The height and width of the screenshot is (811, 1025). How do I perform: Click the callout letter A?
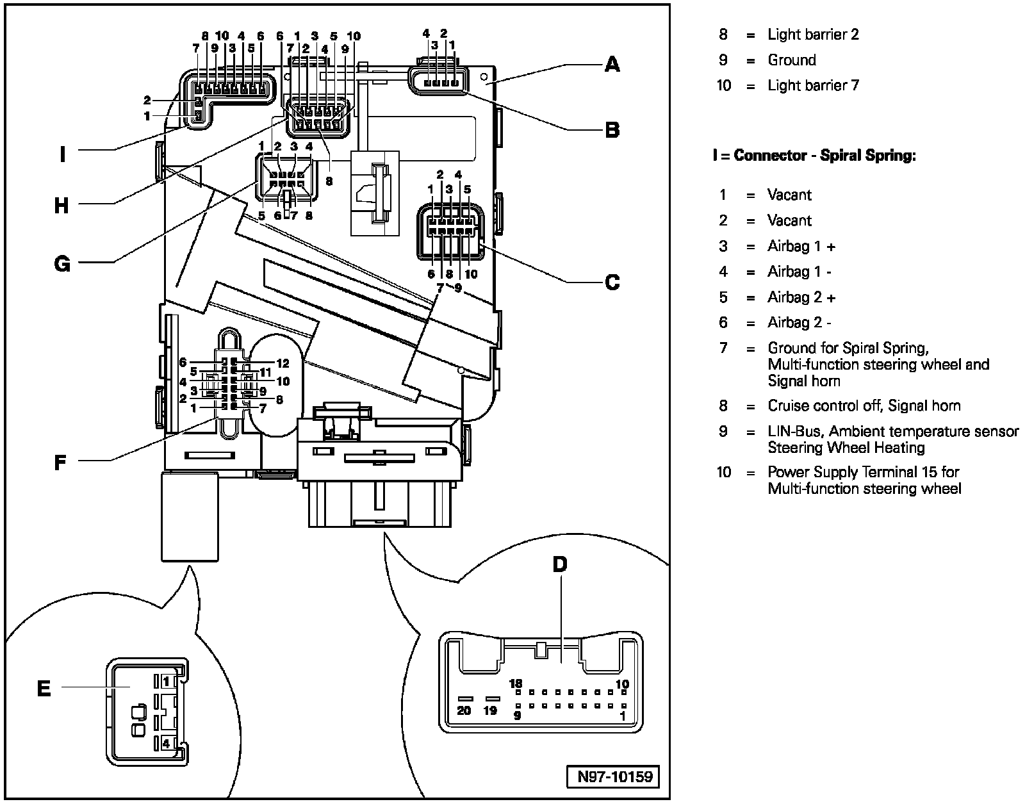point(612,64)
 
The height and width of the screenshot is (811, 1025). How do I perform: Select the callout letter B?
point(612,129)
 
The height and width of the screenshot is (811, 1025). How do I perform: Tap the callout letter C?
point(612,282)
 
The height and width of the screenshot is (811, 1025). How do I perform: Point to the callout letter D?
point(560,564)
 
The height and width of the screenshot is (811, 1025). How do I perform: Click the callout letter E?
point(44,689)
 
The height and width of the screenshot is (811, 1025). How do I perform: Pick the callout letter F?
point(60,463)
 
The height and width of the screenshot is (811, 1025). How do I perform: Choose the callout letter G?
point(62,263)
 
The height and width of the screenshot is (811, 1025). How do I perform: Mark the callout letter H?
point(61,206)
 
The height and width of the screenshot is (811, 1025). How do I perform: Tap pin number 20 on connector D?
point(464,710)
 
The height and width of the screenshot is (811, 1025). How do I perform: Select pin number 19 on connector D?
point(490,710)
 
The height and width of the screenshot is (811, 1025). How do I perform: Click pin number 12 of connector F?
point(283,363)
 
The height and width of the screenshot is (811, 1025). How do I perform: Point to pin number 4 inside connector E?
point(166,743)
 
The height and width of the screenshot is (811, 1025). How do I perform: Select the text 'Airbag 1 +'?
point(801,246)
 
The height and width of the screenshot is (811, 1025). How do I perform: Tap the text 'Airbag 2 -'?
point(799,322)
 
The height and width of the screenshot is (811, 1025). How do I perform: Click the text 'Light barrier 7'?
point(814,85)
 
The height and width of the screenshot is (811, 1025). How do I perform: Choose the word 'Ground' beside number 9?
point(792,60)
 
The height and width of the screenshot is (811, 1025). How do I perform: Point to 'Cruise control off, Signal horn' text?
point(864,405)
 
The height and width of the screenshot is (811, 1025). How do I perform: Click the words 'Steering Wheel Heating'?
point(846,448)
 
